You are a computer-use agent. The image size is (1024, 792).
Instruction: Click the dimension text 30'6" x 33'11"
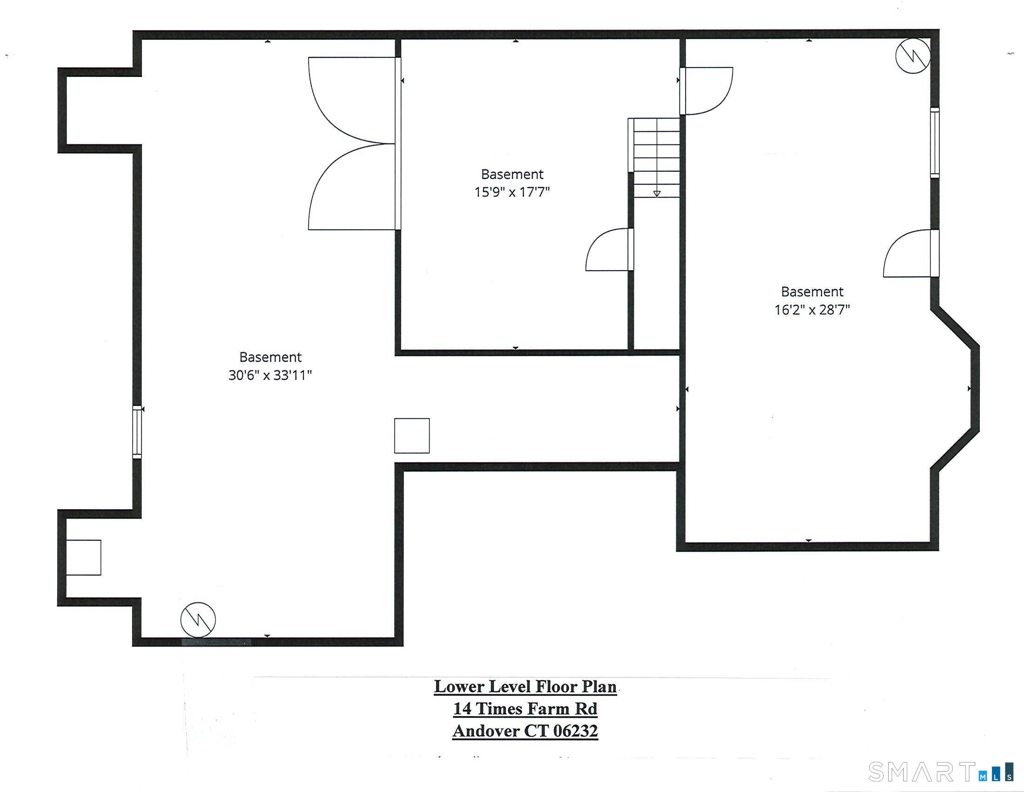pyautogui.click(x=270, y=376)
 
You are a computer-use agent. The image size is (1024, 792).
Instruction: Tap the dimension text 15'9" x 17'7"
pyautogui.click(x=512, y=192)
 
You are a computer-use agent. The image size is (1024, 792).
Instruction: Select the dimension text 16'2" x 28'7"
pyautogui.click(x=812, y=310)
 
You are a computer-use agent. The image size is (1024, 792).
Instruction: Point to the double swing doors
pyautogui.click(x=353, y=143)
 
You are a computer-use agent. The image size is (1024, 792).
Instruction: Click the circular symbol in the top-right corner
pyautogui.click(x=912, y=56)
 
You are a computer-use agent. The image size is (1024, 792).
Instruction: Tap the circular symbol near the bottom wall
pyautogui.click(x=198, y=620)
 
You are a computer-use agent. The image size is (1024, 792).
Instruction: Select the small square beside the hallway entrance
pyautogui.click(x=411, y=436)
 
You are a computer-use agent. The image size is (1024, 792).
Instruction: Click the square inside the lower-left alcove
pyautogui.click(x=83, y=558)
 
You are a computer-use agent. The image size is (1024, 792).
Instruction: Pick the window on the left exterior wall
pyautogui.click(x=137, y=432)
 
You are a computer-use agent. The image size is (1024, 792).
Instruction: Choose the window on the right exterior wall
pyautogui.click(x=935, y=143)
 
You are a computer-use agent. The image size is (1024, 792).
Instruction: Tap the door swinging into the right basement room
pyautogui.click(x=706, y=91)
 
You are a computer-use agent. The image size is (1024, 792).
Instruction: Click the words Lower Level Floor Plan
pyautogui.click(x=525, y=687)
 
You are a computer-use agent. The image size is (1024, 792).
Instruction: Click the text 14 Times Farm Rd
pyautogui.click(x=525, y=709)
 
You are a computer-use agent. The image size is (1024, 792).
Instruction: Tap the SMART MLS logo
pyautogui.click(x=940, y=772)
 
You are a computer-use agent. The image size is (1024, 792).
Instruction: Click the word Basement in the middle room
pyautogui.click(x=512, y=175)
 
